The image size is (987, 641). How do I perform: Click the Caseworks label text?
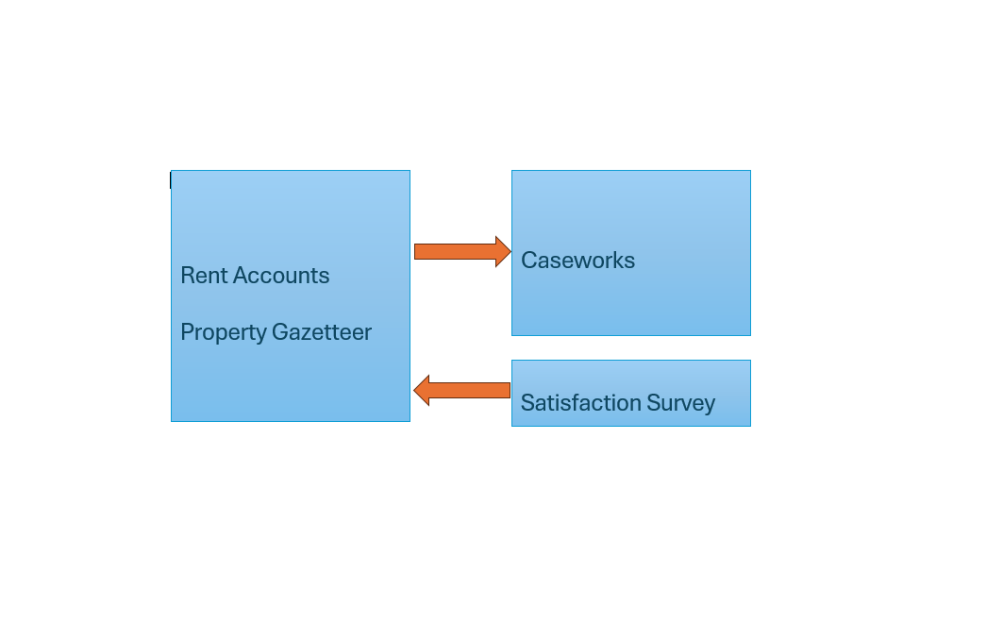pos(577,261)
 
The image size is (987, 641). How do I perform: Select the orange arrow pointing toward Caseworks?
pos(462,252)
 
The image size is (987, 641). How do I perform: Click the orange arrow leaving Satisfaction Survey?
pos(462,391)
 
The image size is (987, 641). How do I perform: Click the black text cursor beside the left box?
pos(171,180)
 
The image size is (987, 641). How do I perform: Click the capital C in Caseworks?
pos(529,261)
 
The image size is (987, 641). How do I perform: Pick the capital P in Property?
pos(188,332)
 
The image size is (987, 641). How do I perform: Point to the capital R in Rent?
pos(188,276)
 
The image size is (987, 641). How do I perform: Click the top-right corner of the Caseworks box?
pos(750,171)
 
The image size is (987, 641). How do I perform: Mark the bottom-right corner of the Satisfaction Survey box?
pos(750,426)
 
